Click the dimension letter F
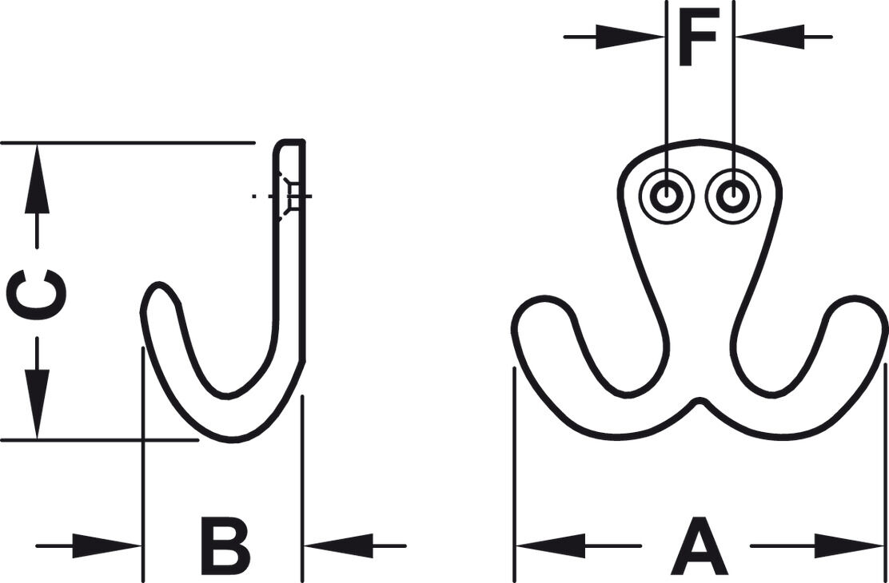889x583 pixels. click(x=699, y=37)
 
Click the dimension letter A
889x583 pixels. click(x=699, y=545)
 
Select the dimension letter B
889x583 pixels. click(x=225, y=545)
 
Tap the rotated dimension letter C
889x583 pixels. click(x=36, y=295)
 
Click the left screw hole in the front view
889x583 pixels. click(x=667, y=196)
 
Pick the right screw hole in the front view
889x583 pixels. click(x=733, y=196)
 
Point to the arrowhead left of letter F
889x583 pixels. click(x=629, y=37)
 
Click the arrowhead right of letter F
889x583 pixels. click(x=770, y=37)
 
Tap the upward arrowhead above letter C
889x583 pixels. click(x=37, y=178)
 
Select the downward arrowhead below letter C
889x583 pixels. click(x=37, y=404)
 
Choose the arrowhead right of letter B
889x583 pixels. click(x=338, y=545)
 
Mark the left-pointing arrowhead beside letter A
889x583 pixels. click(x=551, y=545)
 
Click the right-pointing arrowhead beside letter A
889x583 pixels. click(x=849, y=545)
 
